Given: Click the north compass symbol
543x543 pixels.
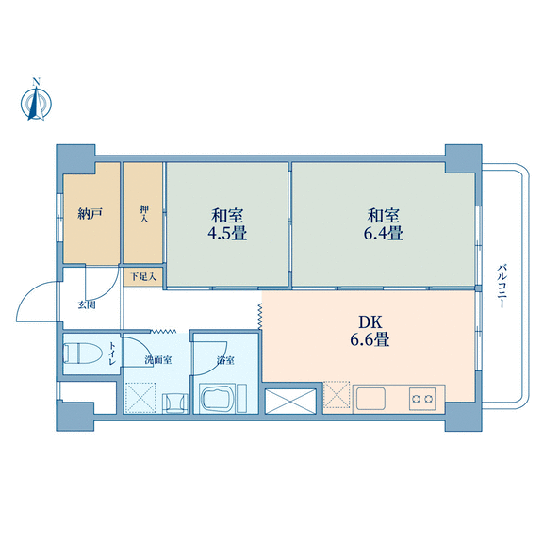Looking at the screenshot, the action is pos(36,101).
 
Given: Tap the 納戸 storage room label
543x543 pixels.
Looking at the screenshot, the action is pos(90,213).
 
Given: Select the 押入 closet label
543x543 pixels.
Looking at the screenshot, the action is pos(144,214).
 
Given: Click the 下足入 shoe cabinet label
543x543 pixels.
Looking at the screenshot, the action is pos(143,277).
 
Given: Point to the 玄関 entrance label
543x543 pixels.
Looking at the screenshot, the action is pos(87,305).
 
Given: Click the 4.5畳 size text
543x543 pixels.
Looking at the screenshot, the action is pos(227,234).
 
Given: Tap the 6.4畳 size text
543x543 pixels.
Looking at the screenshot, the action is pos(383,234).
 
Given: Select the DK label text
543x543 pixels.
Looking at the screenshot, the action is pos(370,322).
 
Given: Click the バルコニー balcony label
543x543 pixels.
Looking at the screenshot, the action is pos(502,286).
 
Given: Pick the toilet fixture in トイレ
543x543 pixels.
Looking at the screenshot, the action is pos(83,353).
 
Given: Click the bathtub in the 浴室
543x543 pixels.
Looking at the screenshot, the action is pos(218,398).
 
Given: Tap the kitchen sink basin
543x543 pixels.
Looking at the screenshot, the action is pos(370,398).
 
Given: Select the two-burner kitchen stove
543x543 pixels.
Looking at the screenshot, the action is pos(422,399).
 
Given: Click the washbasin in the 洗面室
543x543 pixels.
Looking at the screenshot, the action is pos(175,403).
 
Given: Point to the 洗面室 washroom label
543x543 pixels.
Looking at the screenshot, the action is pos(158,360).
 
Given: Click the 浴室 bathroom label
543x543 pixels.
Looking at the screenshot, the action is pos(225,360).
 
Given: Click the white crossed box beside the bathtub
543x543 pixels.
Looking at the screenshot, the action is pos(290,401).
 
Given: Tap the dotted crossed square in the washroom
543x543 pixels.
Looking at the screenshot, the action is pos(140,398).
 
